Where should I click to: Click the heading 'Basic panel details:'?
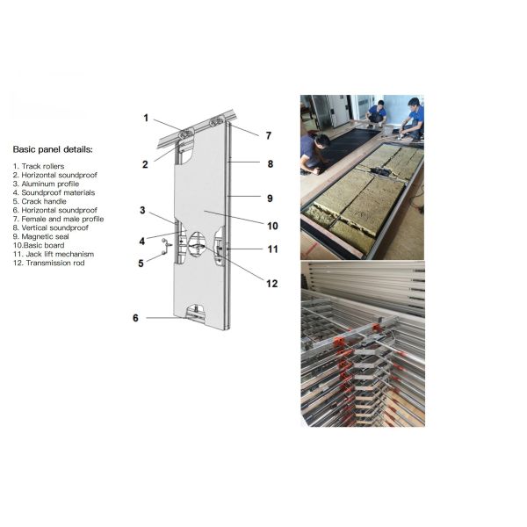[52, 149]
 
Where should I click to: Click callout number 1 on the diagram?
[146, 117]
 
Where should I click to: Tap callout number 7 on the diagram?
[269, 135]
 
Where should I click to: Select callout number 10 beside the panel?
[273, 226]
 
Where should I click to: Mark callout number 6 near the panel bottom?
[135, 317]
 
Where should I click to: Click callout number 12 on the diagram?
[272, 283]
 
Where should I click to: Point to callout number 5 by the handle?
[141, 262]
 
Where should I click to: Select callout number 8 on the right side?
[270, 163]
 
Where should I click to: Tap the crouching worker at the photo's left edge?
[314, 149]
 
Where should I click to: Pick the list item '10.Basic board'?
[40, 245]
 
